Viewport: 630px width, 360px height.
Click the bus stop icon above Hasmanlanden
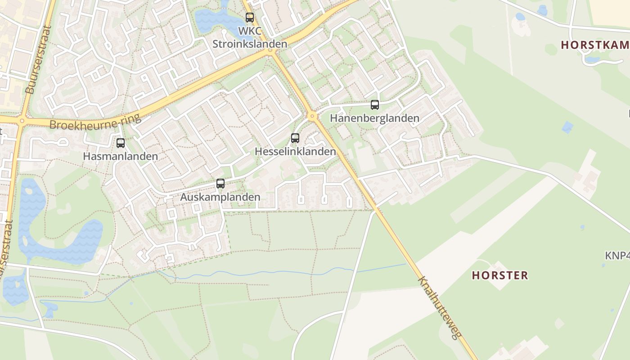tap(121, 143)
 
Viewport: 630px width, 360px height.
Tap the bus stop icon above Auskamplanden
tap(220, 184)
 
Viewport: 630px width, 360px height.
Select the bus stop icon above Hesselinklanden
tap(295, 138)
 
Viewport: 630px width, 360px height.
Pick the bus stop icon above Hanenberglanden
tap(374, 105)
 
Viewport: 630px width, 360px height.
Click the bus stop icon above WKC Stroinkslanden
tap(249, 18)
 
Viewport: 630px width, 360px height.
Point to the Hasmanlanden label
tap(121, 157)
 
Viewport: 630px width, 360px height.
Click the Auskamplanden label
tap(220, 197)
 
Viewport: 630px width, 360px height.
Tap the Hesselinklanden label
tap(295, 152)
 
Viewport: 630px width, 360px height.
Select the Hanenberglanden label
tap(374, 118)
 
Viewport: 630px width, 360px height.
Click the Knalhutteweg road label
tap(440, 308)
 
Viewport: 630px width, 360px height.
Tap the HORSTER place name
tap(499, 275)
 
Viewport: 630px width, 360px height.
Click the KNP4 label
tap(617, 256)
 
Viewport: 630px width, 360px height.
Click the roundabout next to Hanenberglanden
tap(312, 117)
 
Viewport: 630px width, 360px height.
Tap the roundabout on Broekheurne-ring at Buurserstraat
tap(21, 121)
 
